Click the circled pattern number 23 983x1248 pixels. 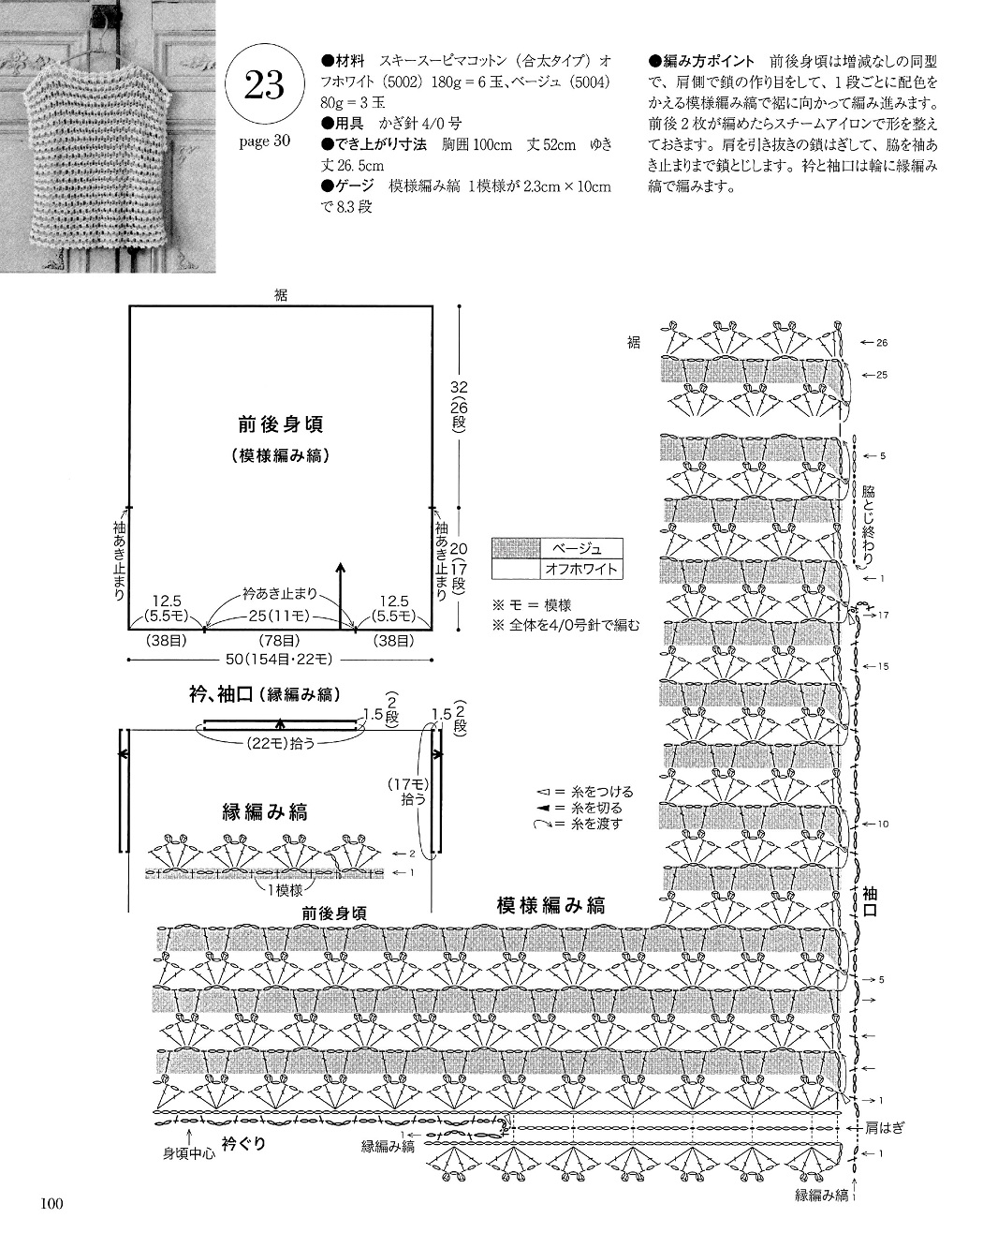click(264, 85)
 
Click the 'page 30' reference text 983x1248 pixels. click(264, 141)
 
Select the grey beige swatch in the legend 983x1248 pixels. click(516, 547)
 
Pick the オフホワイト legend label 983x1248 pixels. click(581, 569)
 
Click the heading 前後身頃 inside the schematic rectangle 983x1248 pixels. click(281, 424)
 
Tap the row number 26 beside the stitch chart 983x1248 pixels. click(882, 343)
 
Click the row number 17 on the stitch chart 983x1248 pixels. click(883, 616)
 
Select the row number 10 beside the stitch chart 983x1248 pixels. click(883, 825)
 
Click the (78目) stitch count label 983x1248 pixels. click(279, 640)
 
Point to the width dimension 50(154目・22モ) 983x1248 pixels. click(279, 660)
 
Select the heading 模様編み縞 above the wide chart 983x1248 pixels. click(551, 906)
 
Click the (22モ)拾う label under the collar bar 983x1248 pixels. click(280, 743)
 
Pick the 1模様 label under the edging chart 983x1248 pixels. click(285, 890)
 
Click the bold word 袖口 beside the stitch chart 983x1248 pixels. click(871, 901)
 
